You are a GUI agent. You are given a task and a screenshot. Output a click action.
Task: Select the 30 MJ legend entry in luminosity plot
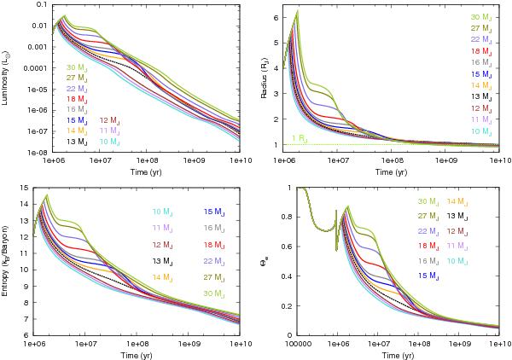[76, 66]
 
